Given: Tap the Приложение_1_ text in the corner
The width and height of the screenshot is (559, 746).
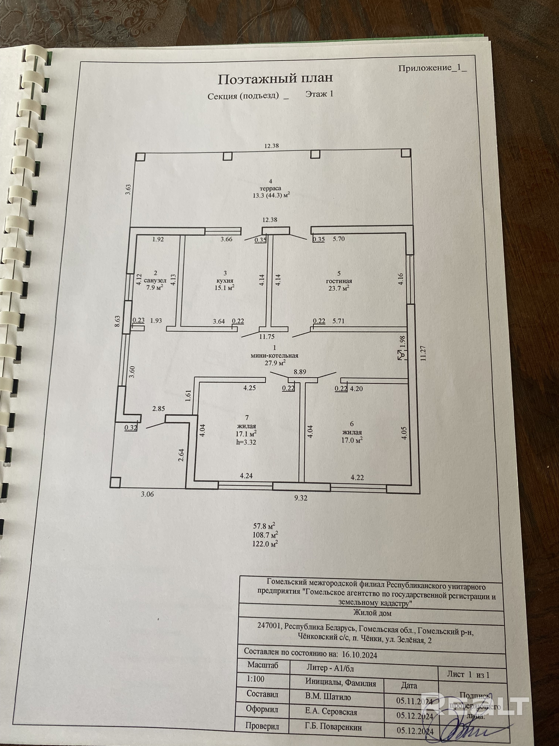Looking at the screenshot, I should [432, 68].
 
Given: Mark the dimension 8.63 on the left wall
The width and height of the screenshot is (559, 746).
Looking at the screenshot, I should [117, 321].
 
